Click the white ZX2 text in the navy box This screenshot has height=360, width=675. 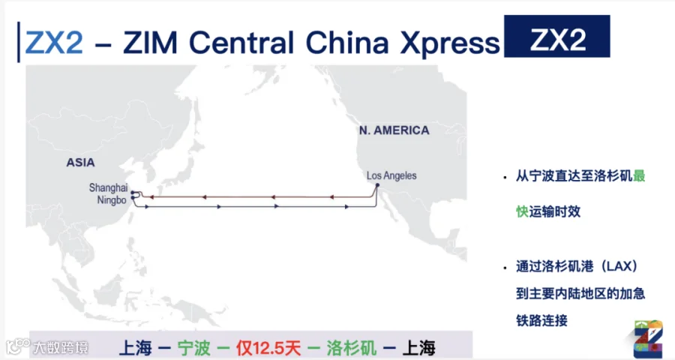pyautogui.click(x=557, y=40)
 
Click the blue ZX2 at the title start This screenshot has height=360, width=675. pyautogui.click(x=54, y=43)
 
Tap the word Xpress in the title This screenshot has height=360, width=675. pyautogui.click(x=450, y=44)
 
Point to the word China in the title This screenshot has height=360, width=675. pyautogui.click(x=347, y=43)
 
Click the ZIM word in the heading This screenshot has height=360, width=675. pyautogui.click(x=150, y=43)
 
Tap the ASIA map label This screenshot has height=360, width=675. pyautogui.click(x=80, y=162)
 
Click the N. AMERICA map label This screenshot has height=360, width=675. pyautogui.click(x=394, y=130)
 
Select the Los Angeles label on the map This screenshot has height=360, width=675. pyautogui.click(x=391, y=175)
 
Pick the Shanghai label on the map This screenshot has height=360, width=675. pyautogui.click(x=109, y=188)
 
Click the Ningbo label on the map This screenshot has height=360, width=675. pyautogui.click(x=112, y=200)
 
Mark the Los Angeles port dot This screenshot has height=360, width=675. pyautogui.click(x=377, y=185)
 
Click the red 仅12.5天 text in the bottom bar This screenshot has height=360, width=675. pyautogui.click(x=268, y=348)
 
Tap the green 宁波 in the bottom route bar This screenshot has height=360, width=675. pyautogui.click(x=194, y=348)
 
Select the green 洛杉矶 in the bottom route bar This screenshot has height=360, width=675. pyautogui.click(x=351, y=348)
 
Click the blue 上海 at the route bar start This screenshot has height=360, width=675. pyautogui.click(x=135, y=348)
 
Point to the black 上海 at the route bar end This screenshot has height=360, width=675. pyautogui.click(x=418, y=348)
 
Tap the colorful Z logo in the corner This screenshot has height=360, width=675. pyautogui.click(x=648, y=338)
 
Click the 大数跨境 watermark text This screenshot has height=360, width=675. pyautogui.click(x=60, y=347)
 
